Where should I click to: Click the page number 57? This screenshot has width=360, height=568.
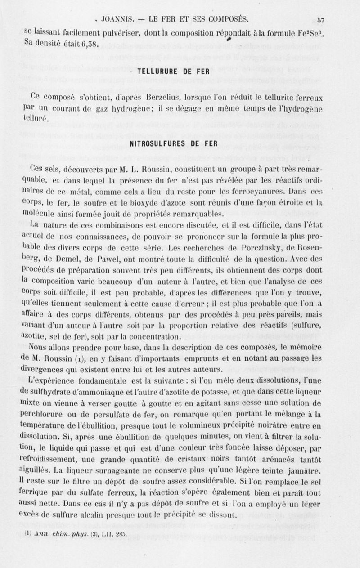click(320, 19)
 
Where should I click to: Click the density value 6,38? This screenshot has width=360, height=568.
click(87, 44)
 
